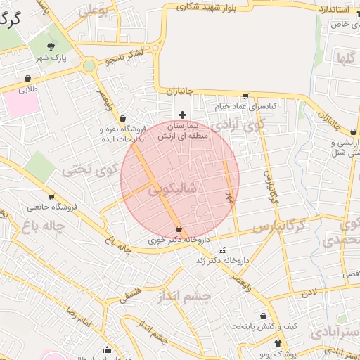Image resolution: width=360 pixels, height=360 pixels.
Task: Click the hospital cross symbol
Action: coord(183,115)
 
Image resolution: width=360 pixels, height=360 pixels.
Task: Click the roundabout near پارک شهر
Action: coord(89,67)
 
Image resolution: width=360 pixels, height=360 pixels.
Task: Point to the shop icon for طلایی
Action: coord(27,78)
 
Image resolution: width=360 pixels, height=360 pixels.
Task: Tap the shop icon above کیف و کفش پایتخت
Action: coord(264,316)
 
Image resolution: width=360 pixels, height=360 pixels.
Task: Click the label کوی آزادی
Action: coord(238,124)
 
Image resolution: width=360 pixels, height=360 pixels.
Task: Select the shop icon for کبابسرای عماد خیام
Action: coord(245,96)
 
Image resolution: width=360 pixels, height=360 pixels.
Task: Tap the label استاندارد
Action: coord(333,8)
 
